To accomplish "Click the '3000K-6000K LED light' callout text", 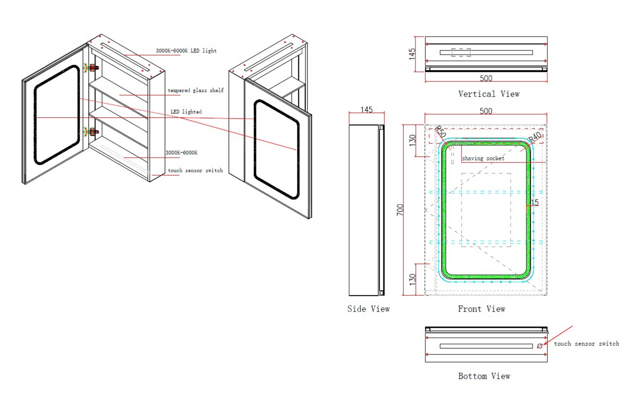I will [186, 51].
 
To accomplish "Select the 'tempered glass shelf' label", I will [196, 90].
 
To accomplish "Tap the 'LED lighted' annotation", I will [186, 112].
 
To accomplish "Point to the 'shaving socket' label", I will [483, 159].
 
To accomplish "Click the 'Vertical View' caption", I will [488, 94].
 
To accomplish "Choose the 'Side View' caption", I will [368, 308].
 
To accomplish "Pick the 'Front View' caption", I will [481, 308].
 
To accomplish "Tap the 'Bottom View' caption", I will [484, 376].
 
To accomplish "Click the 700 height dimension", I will [400, 210].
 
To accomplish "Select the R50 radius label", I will [440, 132].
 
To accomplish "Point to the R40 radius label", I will [534, 137].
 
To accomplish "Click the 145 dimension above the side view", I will [367, 110].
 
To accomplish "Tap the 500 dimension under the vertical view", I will [486, 79].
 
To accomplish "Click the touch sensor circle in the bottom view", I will [539, 346].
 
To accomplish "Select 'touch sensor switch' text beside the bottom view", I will [586, 344].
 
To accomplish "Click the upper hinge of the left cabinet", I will [91, 67].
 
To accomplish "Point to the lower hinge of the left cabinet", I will [91, 132].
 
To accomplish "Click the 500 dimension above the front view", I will [486, 111].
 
